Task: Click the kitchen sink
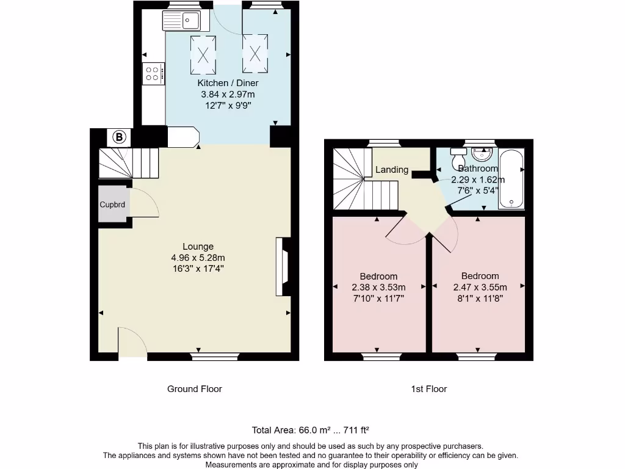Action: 182,21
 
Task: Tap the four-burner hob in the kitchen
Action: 154,75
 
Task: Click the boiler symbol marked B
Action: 120,137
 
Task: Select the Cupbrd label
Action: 112,205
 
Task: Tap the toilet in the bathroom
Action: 458,158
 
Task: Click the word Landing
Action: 392,170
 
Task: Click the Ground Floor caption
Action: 195,389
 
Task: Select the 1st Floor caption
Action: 429,389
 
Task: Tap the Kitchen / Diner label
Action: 228,83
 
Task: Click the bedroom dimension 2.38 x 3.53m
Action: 378,287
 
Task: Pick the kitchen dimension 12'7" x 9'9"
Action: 228,106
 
